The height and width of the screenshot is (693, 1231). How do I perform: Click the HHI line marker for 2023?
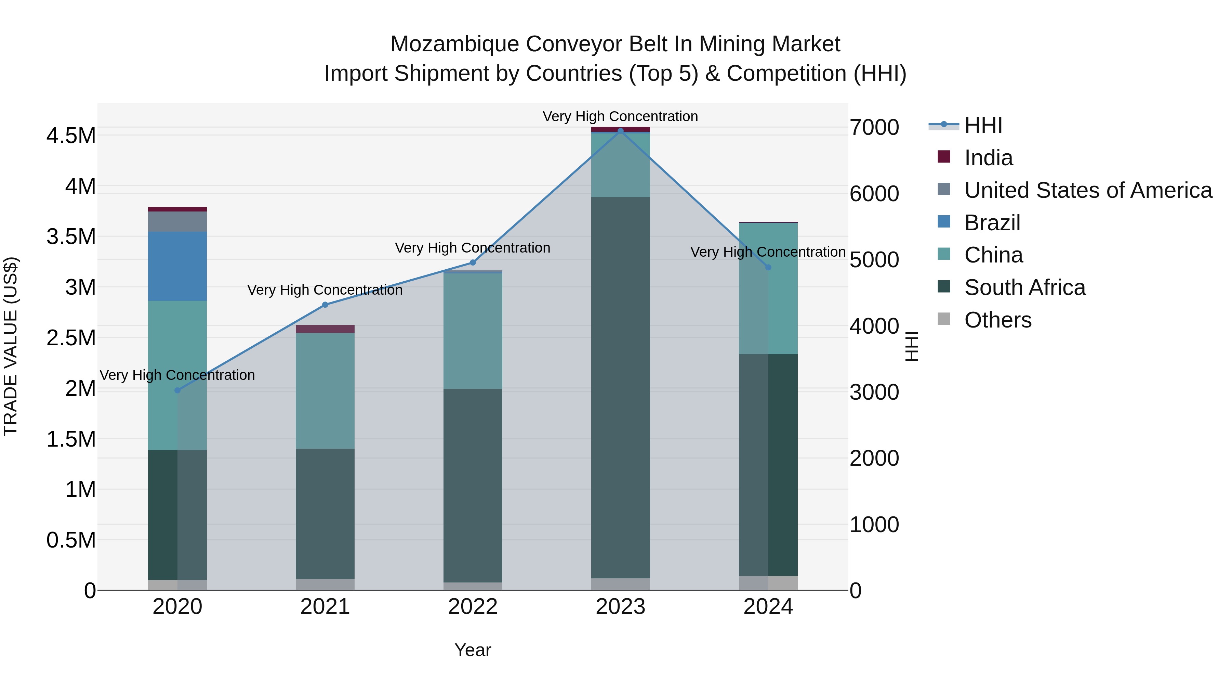pyautogui.click(x=620, y=131)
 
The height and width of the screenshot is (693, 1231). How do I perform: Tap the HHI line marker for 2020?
pyautogui.click(x=177, y=390)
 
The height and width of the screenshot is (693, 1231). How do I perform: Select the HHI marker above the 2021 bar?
pyautogui.click(x=325, y=305)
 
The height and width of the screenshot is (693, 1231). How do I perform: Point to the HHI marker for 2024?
pyautogui.click(x=768, y=267)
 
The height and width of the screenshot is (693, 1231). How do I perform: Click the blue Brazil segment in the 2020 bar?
pyautogui.click(x=177, y=266)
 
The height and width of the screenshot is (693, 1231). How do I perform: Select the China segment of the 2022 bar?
pyautogui.click(x=473, y=330)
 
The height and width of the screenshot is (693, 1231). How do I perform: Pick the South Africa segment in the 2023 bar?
pyautogui.click(x=620, y=387)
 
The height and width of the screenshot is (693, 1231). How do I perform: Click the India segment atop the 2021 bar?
pyautogui.click(x=325, y=329)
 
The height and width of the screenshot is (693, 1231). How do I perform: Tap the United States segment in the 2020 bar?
pyautogui.click(x=177, y=221)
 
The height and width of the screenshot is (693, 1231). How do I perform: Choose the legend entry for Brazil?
pyautogui.click(x=992, y=223)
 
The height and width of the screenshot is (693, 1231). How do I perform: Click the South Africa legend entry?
pyautogui.click(x=1024, y=287)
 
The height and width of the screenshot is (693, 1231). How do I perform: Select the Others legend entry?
pyautogui.click(x=997, y=320)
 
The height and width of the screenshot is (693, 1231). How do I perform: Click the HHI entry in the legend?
pyautogui.click(x=983, y=125)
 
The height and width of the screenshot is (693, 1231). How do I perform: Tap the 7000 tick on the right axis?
pyautogui.click(x=874, y=127)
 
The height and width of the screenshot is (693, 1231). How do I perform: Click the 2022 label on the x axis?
pyautogui.click(x=473, y=607)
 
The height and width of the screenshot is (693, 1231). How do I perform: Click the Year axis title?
pyautogui.click(x=473, y=650)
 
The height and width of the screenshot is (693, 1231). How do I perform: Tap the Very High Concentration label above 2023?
pyautogui.click(x=620, y=116)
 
